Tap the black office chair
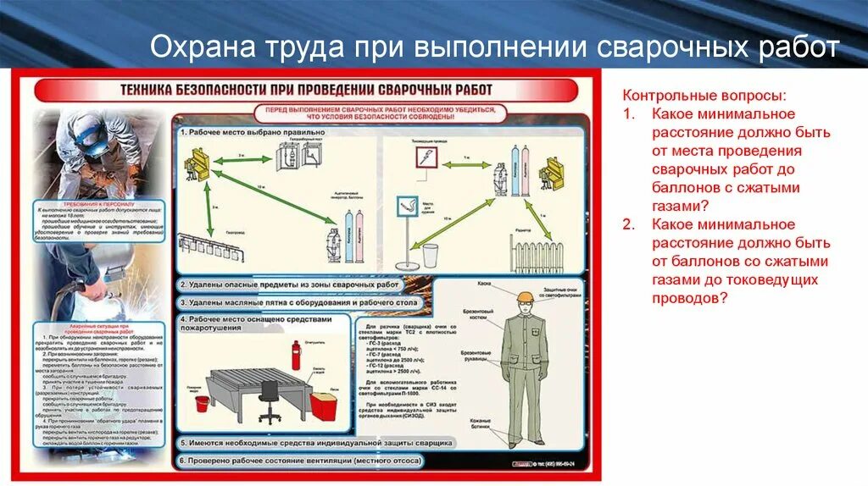(270, 400)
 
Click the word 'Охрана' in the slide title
(196, 49)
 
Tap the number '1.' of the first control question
(628, 113)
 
